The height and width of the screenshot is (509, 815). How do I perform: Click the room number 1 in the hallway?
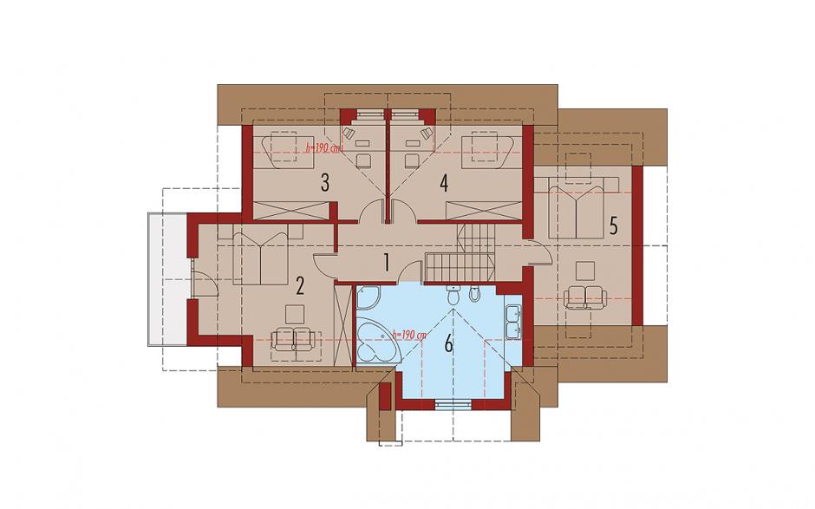[386, 263]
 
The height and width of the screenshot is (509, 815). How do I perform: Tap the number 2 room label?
[299, 285]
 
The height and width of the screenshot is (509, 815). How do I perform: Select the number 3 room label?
[325, 183]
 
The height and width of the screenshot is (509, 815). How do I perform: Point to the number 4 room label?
[443, 183]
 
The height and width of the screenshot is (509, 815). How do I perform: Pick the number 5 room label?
[613, 225]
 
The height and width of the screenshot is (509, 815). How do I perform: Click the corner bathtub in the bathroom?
[378, 340]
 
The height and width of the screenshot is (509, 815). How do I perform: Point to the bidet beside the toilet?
[474, 294]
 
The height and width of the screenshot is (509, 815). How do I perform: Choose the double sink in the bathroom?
[513, 321]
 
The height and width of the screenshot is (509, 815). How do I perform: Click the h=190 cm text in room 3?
[323, 148]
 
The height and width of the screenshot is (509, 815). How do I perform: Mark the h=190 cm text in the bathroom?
[409, 336]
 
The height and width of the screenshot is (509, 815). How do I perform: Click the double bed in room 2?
[261, 256]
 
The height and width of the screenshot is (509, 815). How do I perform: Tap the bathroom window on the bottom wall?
[453, 404]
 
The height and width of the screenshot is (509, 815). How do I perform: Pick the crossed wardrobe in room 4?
[484, 211]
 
